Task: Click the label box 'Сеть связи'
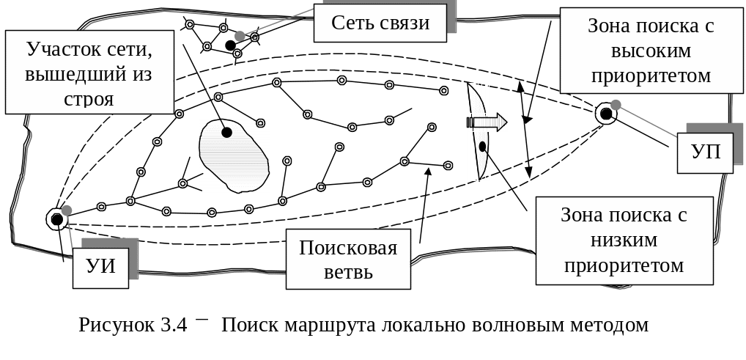point(380,23)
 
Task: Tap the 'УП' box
point(705,153)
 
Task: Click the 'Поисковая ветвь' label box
point(347,260)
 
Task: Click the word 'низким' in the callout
point(624,240)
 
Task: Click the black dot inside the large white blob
point(226,133)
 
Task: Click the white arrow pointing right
point(493,122)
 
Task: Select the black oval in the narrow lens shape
point(482,146)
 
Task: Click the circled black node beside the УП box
point(605,114)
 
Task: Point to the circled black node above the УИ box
point(56,219)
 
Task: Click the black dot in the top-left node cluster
point(230,45)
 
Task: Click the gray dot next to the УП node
point(616,105)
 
